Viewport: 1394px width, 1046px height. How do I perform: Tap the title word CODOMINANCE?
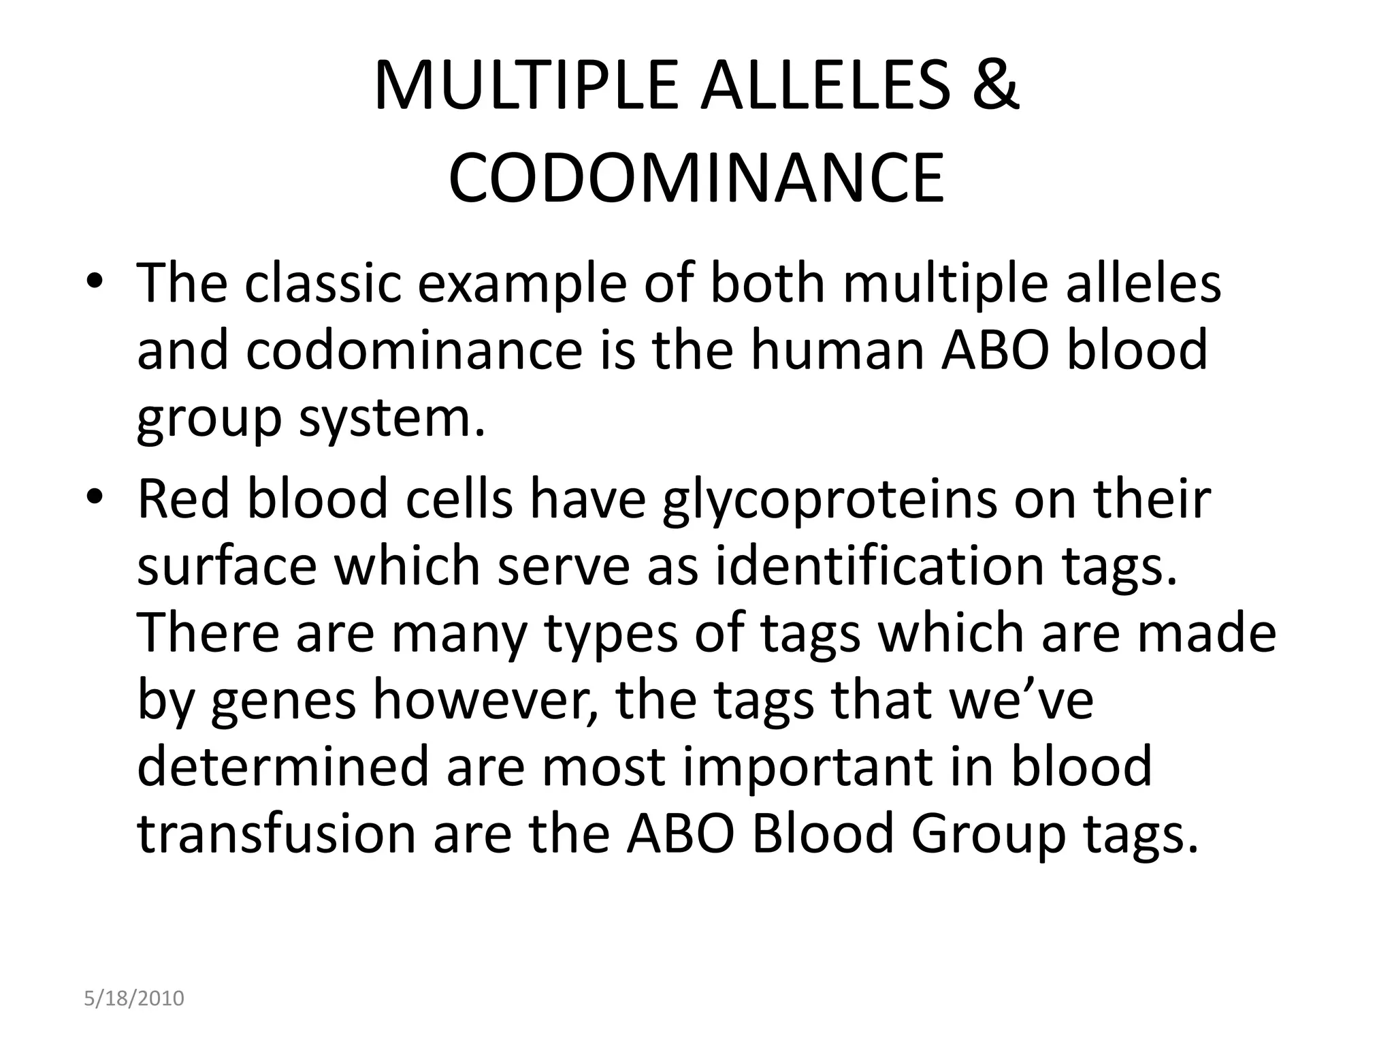696,178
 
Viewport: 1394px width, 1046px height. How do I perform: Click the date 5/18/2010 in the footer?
134,999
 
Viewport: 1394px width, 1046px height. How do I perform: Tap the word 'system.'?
392,419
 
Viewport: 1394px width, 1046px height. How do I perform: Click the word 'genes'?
283,702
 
